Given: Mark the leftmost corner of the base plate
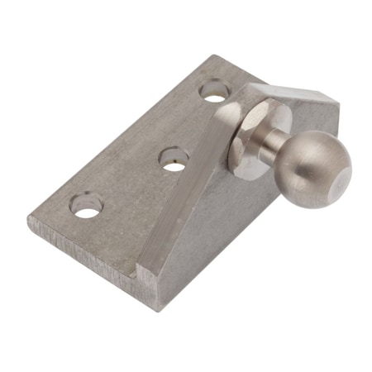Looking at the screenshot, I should (29, 219).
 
